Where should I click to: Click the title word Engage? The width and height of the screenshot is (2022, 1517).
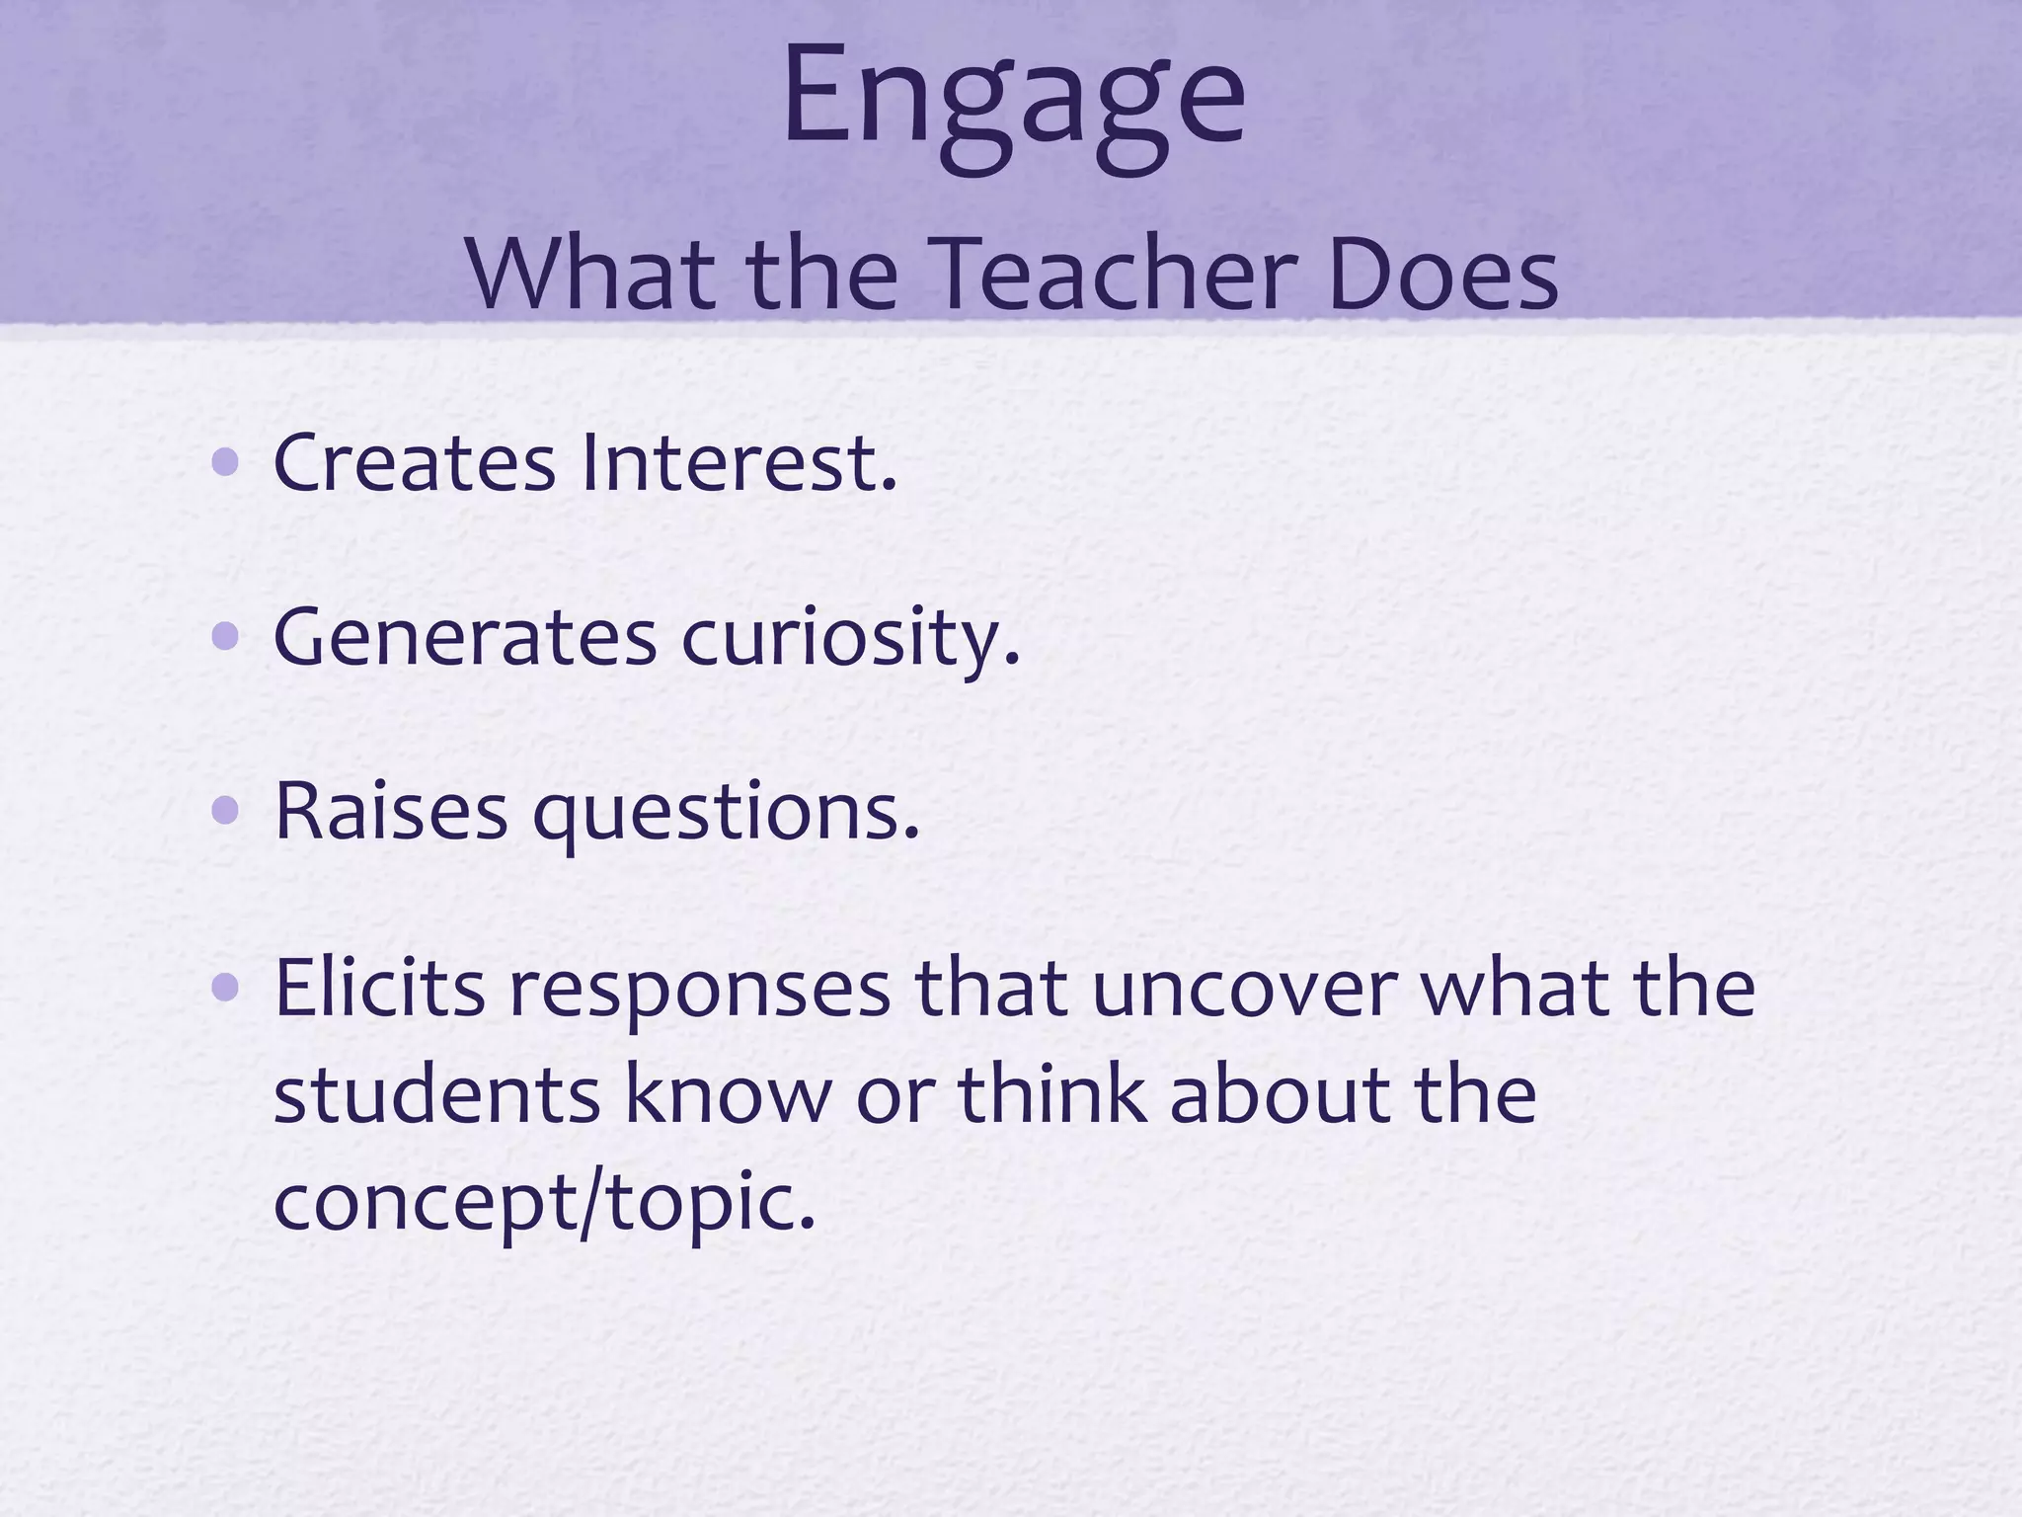pos(1013,99)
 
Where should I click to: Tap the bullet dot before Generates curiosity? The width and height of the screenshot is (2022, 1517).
pos(226,637)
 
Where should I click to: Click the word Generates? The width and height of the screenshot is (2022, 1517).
pos(464,638)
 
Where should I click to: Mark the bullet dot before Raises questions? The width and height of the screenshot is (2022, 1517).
pos(226,811)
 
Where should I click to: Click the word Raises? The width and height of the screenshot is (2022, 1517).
pos(390,812)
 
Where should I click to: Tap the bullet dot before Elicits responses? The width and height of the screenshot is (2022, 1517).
pos(226,987)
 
